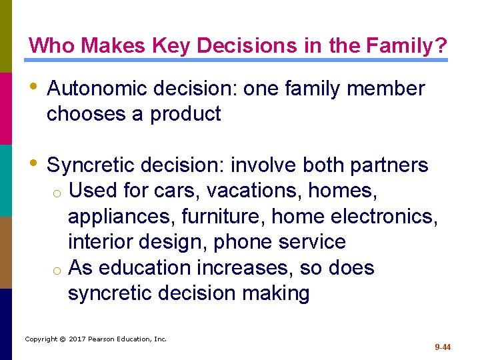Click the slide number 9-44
(443, 347)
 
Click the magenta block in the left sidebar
(6, 108)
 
